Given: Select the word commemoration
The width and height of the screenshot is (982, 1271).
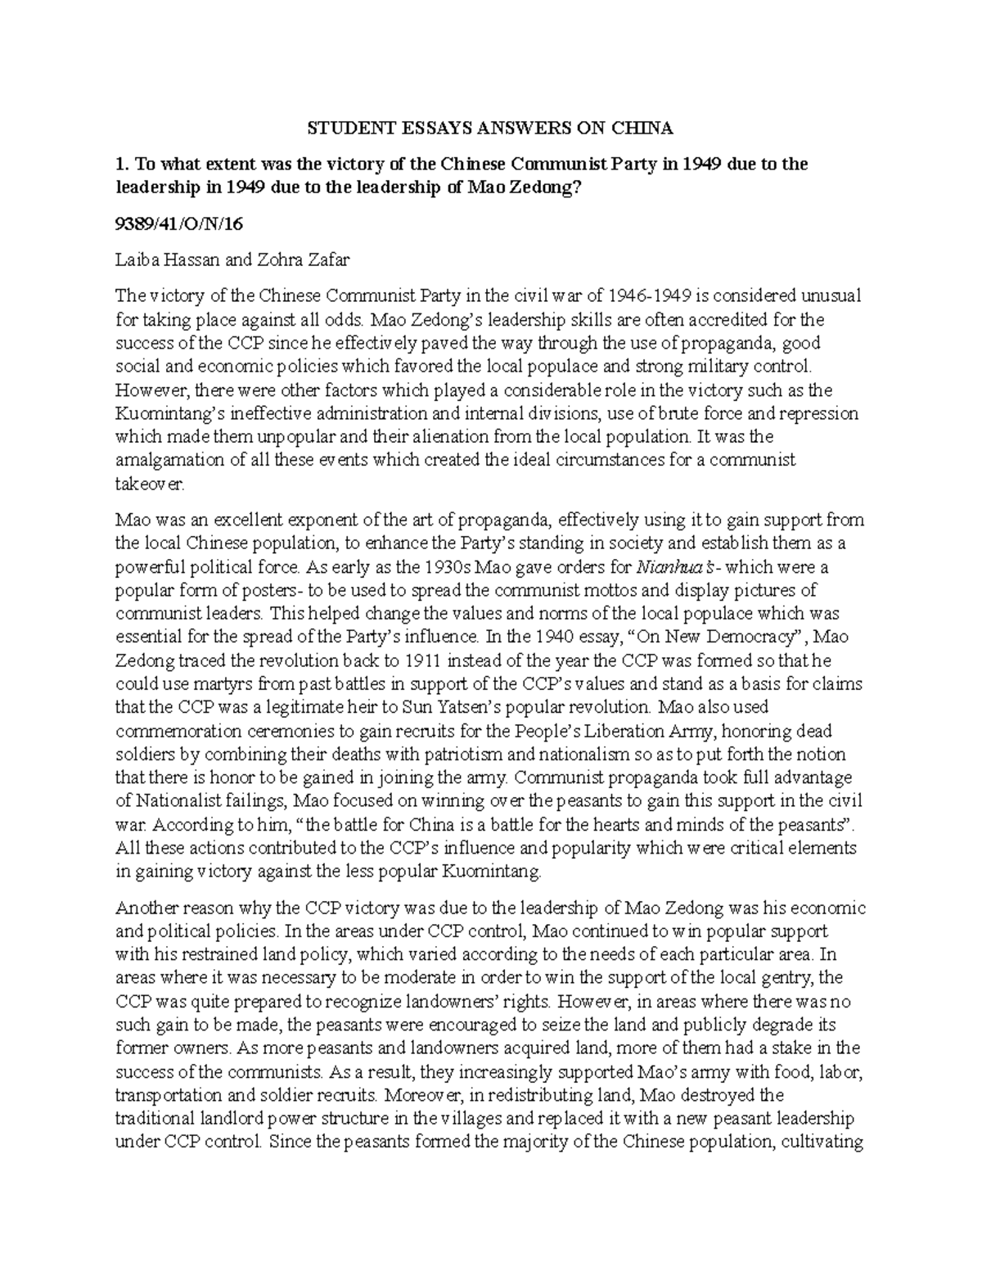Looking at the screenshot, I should tap(172, 730).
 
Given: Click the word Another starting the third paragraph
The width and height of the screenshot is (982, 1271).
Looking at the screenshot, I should tap(143, 908).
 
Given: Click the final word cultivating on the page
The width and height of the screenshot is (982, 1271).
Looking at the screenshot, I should tap(822, 1142).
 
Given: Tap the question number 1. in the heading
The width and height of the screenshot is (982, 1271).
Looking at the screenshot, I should tap(122, 164).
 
